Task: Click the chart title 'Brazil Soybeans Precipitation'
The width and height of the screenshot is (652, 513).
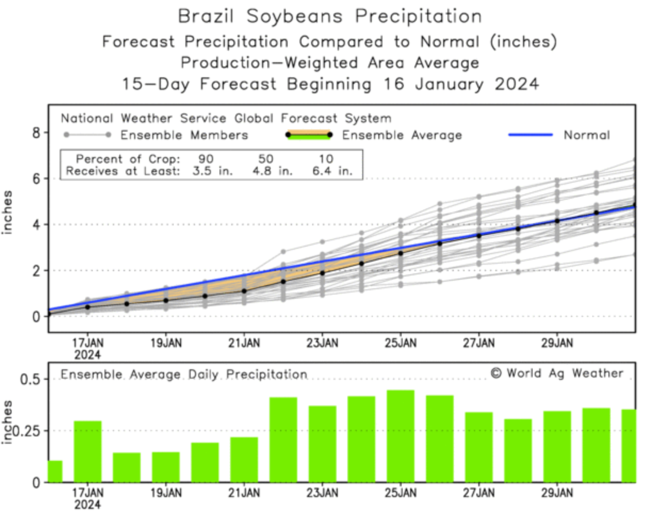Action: [x=329, y=16]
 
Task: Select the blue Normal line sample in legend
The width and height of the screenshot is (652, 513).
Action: [x=530, y=135]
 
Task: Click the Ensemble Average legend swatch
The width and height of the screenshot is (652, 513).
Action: [x=308, y=135]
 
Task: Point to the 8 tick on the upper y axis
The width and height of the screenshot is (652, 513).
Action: [x=36, y=133]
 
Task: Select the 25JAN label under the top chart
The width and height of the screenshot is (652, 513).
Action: [x=401, y=343]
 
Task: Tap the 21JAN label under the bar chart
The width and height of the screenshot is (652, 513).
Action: [x=244, y=493]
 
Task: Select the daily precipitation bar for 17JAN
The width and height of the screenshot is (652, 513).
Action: [x=87, y=451]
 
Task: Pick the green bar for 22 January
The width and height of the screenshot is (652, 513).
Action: [x=283, y=439]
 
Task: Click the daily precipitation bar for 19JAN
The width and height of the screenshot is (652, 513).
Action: [x=166, y=467]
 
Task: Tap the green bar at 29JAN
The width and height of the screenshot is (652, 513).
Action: [x=557, y=446]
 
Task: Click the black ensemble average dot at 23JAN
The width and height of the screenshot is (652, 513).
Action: [x=322, y=273]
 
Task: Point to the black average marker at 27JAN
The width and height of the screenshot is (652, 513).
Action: [x=478, y=235]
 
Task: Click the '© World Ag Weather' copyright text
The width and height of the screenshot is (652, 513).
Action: [x=557, y=373]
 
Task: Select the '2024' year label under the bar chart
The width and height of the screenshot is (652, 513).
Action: [x=87, y=504]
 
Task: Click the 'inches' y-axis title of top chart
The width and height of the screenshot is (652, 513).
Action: [x=9, y=211]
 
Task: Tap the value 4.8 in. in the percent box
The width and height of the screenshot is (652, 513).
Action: [x=272, y=172]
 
